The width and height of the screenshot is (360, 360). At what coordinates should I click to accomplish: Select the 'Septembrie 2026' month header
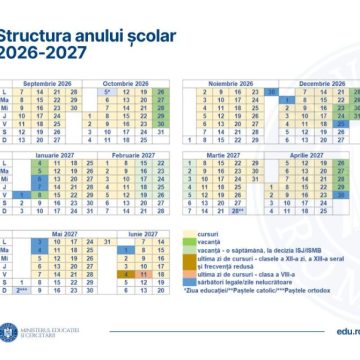point(49,83)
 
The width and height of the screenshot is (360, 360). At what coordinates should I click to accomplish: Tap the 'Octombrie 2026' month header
point(124,83)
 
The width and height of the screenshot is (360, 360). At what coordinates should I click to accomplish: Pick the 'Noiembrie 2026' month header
point(231,83)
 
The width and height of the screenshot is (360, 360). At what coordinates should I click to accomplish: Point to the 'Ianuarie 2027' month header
point(49,156)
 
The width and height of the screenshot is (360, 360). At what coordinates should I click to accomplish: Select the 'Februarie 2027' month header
point(124,156)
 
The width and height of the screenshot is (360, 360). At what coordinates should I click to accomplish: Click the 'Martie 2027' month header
point(231,156)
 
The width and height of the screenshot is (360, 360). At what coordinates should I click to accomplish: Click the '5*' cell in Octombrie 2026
point(105,91)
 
